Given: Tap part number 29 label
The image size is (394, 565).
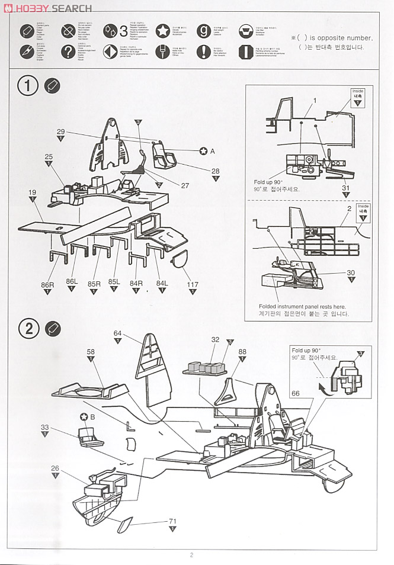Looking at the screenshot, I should pyautogui.click(x=60, y=131).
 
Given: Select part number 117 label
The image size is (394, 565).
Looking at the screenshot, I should pyautogui.click(x=193, y=284).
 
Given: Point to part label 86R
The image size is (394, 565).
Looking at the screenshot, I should pyautogui.click(x=47, y=284).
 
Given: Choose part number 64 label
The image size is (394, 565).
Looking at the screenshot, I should pyautogui.click(x=117, y=333).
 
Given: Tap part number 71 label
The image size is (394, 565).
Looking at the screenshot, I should pyautogui.click(x=172, y=521).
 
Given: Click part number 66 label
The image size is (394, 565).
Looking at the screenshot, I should pyautogui.click(x=296, y=393).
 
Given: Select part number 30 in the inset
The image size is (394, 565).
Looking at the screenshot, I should pyautogui.click(x=351, y=272).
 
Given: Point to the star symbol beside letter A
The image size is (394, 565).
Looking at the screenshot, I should pyautogui.click(x=203, y=151).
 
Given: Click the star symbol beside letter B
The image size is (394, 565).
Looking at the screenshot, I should pyautogui.click(x=85, y=416).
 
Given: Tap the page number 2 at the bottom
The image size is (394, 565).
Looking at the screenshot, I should pyautogui.click(x=191, y=555).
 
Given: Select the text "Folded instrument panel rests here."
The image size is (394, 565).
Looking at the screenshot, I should pyautogui.click(x=302, y=306).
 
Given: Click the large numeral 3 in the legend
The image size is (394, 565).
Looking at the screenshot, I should pyautogui.click(x=123, y=31).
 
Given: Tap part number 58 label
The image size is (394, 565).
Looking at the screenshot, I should pyautogui.click(x=91, y=352).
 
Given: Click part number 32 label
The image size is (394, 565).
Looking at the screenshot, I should pyautogui.click(x=215, y=339).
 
